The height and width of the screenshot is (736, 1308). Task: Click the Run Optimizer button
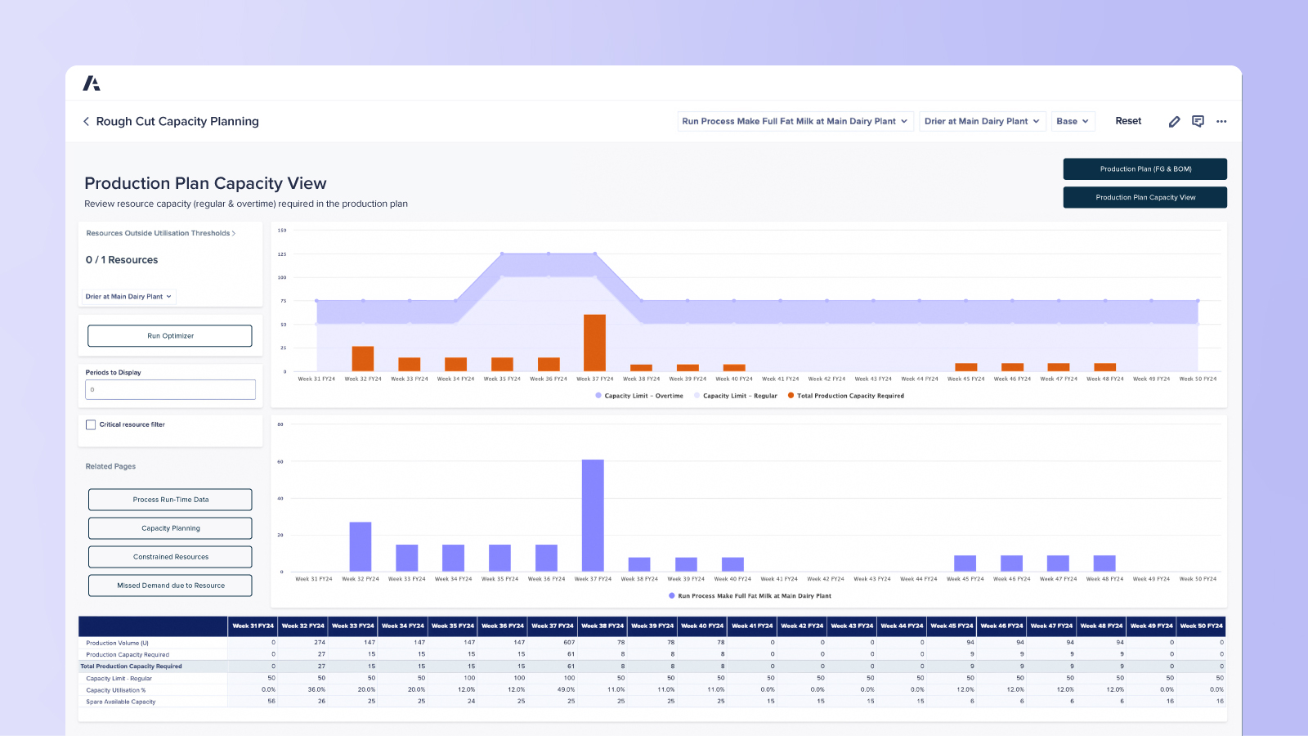point(170,336)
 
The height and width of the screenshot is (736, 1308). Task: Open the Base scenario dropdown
point(1073,121)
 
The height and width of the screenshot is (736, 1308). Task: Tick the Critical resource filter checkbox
point(91,424)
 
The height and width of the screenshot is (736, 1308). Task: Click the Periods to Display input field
point(170,390)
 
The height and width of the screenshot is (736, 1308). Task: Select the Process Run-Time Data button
point(170,500)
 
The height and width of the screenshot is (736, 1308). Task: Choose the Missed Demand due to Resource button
point(170,586)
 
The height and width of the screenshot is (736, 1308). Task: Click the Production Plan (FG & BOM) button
point(1144,169)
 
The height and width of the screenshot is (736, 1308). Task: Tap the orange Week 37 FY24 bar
point(594,343)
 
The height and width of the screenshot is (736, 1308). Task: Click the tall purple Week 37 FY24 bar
point(593,515)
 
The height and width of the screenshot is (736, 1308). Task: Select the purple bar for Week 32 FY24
point(360,546)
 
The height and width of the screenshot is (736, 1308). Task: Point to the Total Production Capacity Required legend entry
point(849,396)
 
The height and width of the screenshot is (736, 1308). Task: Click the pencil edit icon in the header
point(1174,121)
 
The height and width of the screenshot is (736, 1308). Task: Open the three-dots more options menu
point(1221,121)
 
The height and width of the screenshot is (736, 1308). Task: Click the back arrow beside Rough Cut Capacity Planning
point(86,121)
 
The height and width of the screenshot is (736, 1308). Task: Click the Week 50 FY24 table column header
point(1201,626)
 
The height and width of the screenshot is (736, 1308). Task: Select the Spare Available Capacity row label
point(121,702)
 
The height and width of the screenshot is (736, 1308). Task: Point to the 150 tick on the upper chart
point(282,231)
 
